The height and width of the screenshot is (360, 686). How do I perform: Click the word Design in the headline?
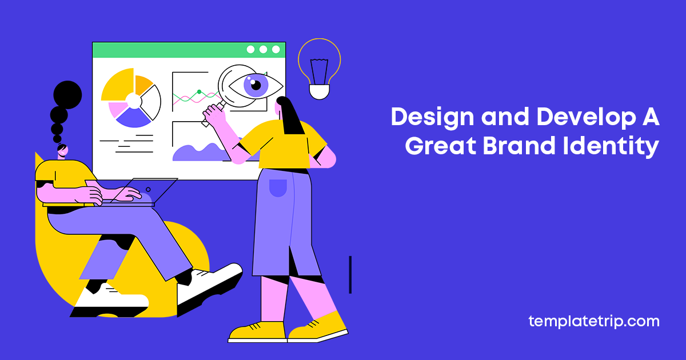432,118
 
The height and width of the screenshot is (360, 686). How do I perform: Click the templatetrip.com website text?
594,322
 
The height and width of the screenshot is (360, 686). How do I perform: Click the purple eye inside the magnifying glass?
256,85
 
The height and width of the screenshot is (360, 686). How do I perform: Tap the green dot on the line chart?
199,92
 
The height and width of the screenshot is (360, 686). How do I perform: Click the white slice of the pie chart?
151,102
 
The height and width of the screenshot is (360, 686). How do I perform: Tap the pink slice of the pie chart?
117,109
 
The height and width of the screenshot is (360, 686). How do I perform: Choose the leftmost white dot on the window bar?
250,49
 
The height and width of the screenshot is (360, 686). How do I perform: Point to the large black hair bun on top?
67,95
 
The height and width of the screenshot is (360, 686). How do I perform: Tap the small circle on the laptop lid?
148,190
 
